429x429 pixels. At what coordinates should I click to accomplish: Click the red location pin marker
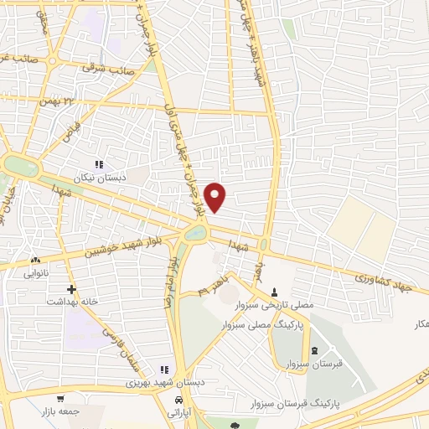(216, 197)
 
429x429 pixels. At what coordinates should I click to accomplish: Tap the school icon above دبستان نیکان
(99, 164)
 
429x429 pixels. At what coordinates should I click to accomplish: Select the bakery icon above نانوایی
(36, 261)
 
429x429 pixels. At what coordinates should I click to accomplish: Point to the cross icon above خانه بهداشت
(72, 289)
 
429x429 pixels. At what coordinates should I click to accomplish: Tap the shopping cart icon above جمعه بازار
(60, 399)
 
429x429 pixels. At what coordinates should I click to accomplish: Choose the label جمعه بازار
(56, 411)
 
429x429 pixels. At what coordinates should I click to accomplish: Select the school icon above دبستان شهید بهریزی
(165, 370)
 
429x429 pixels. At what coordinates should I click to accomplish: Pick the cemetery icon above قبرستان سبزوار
(314, 350)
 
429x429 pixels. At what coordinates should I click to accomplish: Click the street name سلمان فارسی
(116, 347)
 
